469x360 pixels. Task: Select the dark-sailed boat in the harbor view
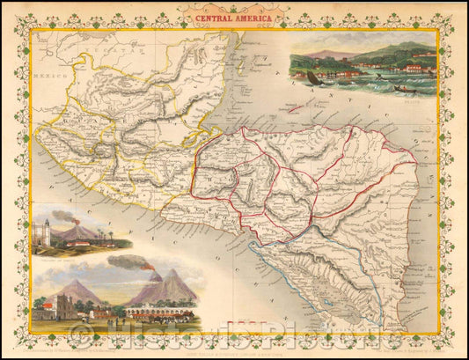point(313,78)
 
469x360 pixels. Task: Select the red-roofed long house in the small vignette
point(81,242)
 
